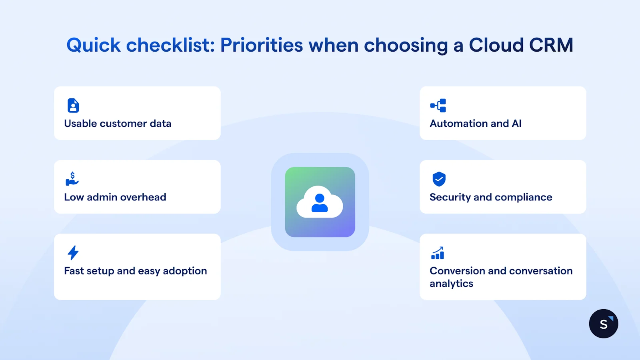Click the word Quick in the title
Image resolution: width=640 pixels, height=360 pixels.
93,45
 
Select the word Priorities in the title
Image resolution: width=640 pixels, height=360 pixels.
262,45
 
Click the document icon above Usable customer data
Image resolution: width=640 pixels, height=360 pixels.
73,106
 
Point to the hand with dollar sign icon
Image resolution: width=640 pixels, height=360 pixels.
72,179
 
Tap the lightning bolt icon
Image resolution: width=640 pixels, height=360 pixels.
73,253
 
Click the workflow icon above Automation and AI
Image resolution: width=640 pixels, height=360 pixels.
438,106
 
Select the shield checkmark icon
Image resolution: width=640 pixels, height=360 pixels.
439,179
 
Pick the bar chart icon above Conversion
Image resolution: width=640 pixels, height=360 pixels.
438,253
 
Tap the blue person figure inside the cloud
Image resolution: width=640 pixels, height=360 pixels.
320,203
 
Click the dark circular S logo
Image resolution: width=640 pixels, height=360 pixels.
604,324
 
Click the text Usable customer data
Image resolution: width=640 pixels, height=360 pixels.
118,124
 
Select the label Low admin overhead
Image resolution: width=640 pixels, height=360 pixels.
115,197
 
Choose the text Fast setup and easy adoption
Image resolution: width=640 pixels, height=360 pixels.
136,271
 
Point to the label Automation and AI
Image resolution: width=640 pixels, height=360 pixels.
476,124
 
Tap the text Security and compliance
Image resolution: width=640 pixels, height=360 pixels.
491,197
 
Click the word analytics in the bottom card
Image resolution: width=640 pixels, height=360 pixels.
451,284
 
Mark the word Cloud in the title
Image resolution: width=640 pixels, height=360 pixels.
496,45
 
